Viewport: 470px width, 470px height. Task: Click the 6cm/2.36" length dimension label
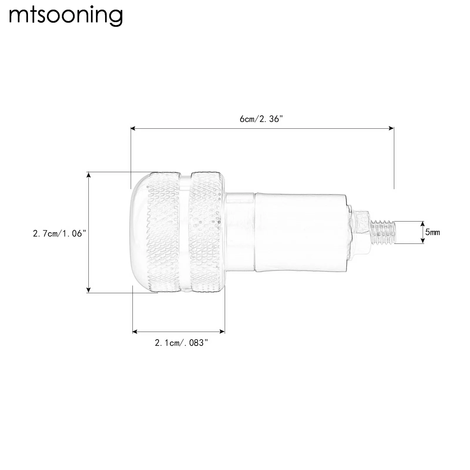(x=261, y=119)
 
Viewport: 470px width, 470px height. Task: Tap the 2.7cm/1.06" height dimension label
(x=59, y=234)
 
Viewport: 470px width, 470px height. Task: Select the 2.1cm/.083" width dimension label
(x=181, y=343)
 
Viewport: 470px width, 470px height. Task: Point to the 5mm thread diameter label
(x=432, y=232)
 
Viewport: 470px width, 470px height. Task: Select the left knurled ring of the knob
(x=163, y=232)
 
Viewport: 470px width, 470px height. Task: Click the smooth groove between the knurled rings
(x=185, y=232)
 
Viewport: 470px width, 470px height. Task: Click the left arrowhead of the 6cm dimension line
(x=133, y=128)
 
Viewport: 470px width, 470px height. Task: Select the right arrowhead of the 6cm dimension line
(x=392, y=128)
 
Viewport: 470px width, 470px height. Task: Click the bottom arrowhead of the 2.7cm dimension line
(x=88, y=290)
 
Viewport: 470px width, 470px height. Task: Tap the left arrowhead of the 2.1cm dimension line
(x=135, y=332)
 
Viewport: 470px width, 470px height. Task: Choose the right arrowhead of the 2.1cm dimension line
(x=223, y=332)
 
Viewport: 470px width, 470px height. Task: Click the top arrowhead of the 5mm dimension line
(x=422, y=223)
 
